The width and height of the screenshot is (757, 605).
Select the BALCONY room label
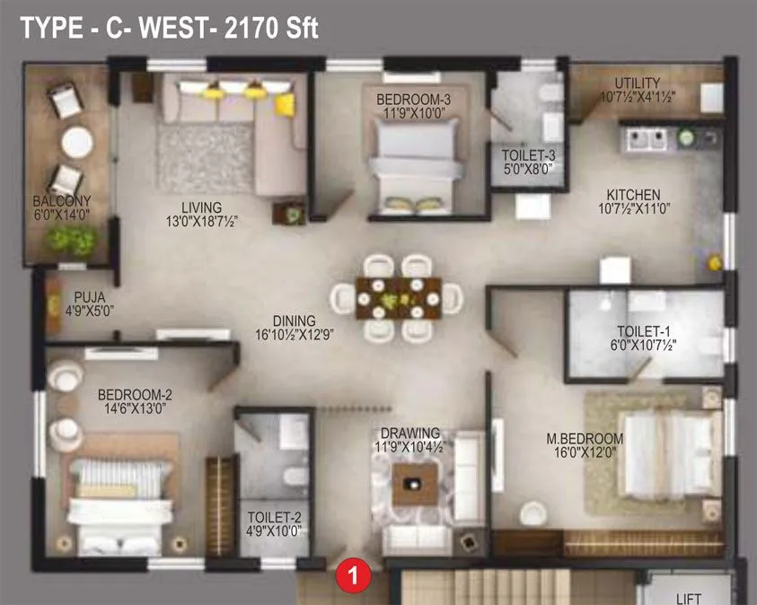[x=62, y=201]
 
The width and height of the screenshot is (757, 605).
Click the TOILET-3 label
[x=527, y=154]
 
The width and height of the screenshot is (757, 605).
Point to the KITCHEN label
[x=633, y=195]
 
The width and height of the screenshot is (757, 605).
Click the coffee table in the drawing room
[x=413, y=485]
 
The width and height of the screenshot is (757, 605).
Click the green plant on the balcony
[x=72, y=238]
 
